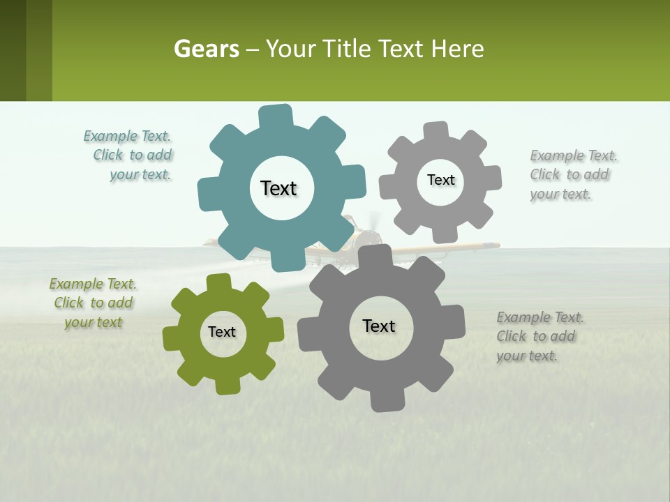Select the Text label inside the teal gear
pyautogui.click(x=278, y=188)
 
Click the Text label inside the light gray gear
pyautogui.click(x=440, y=180)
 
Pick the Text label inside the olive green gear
pyautogui.click(x=222, y=332)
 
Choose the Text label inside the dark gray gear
pyautogui.click(x=379, y=326)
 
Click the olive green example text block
pyautogui.click(x=93, y=303)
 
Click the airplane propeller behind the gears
pyautogui.click(x=374, y=222)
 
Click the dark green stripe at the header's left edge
pyautogui.click(x=13, y=50)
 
